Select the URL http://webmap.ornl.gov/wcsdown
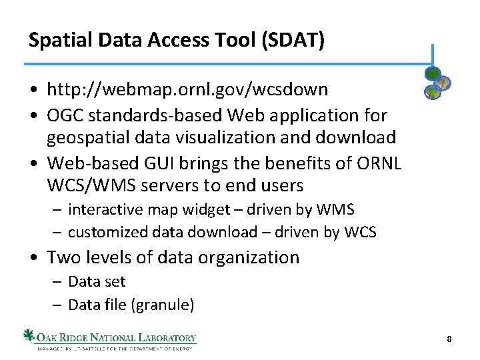[x=187, y=89]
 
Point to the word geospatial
[x=91, y=138]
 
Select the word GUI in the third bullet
[x=159, y=162]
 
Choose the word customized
[x=106, y=232]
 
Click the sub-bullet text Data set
[x=97, y=282]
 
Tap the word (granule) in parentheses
[x=163, y=305]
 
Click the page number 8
[x=449, y=339]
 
